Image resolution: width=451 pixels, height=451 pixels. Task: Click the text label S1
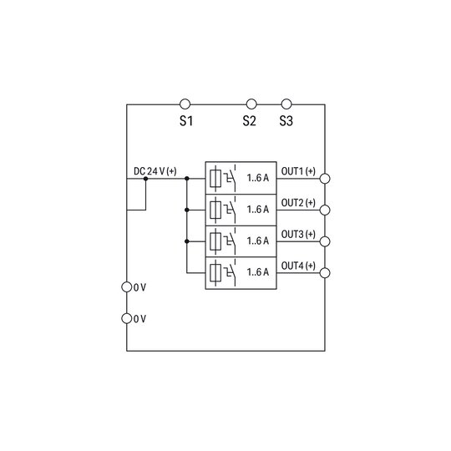186,121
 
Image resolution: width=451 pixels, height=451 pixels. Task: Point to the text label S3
286,121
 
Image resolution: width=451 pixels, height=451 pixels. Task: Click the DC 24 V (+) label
155,171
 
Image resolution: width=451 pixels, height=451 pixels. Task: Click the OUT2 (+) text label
298,203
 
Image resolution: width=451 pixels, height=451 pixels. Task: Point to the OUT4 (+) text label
298,266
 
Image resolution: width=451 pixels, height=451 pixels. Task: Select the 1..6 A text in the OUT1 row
258,178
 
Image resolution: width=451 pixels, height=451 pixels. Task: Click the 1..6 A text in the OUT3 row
258,241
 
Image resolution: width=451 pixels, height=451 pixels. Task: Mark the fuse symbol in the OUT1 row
215,179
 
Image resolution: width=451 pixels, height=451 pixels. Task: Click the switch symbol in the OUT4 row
231,272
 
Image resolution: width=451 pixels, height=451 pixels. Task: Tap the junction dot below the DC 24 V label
145,179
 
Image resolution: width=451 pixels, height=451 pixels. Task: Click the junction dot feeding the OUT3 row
187,241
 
